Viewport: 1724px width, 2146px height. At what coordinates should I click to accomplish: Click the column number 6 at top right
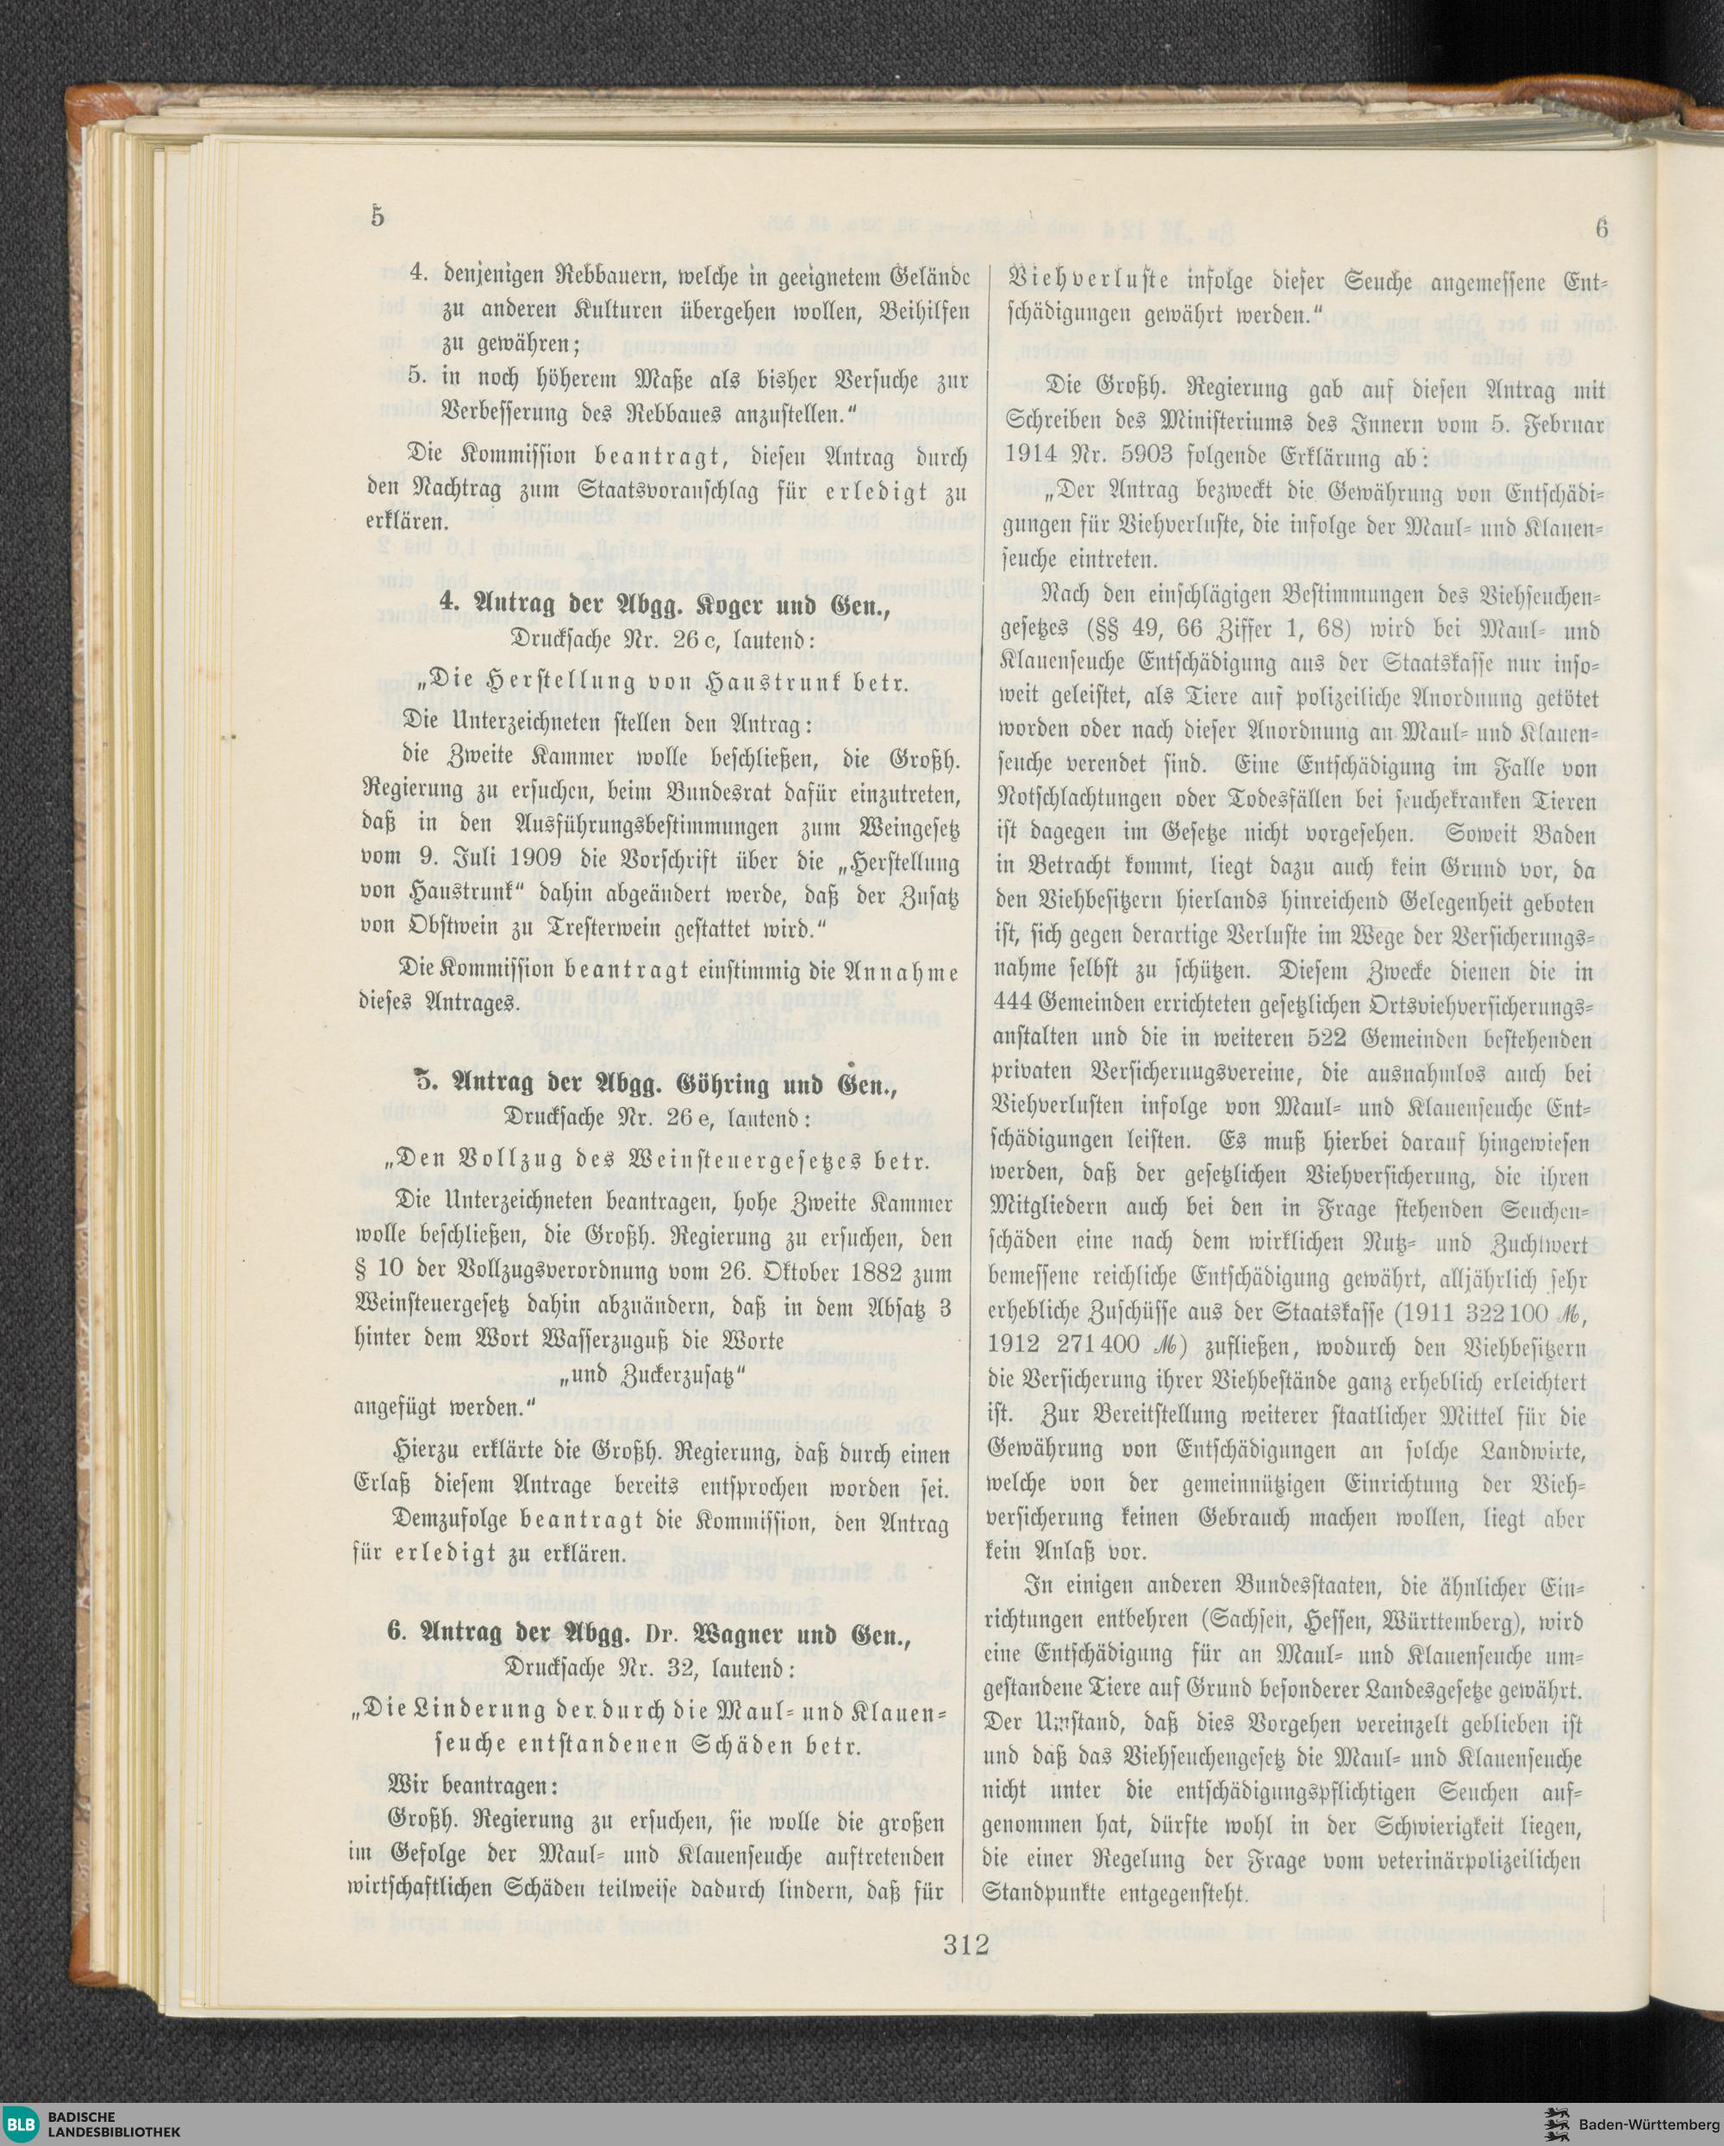(x=1602, y=228)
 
